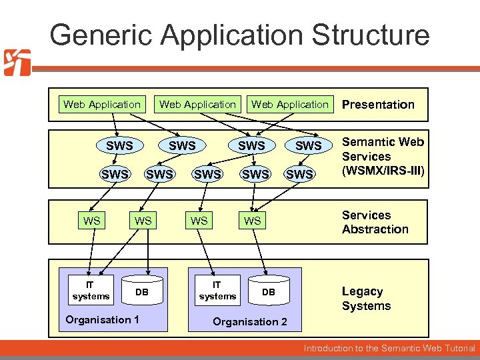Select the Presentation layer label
(x=378, y=104)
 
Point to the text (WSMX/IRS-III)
(x=383, y=171)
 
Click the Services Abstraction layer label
(x=375, y=222)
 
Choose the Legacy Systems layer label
(x=366, y=299)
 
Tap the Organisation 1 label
(x=102, y=319)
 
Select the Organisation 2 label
(x=250, y=322)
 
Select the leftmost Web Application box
(x=101, y=104)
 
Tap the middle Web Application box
(x=197, y=104)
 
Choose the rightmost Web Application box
(x=290, y=104)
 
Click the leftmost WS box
(x=92, y=221)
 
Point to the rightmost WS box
(x=252, y=221)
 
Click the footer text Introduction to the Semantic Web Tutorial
(x=389, y=348)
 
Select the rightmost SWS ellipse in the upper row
(x=308, y=145)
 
